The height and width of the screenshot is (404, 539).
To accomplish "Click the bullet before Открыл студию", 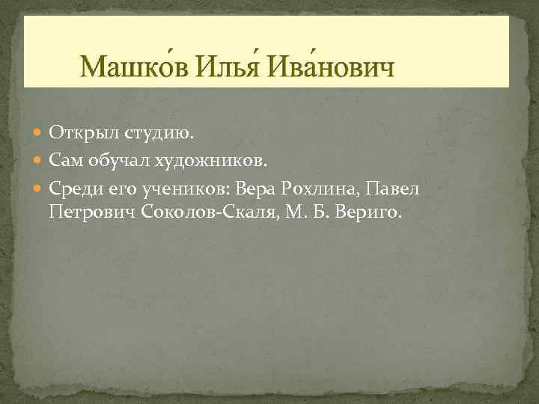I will (x=40, y=133).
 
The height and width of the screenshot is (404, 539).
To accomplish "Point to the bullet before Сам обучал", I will (x=40, y=160).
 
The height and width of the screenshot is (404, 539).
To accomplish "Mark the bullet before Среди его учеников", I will (x=40, y=187).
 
